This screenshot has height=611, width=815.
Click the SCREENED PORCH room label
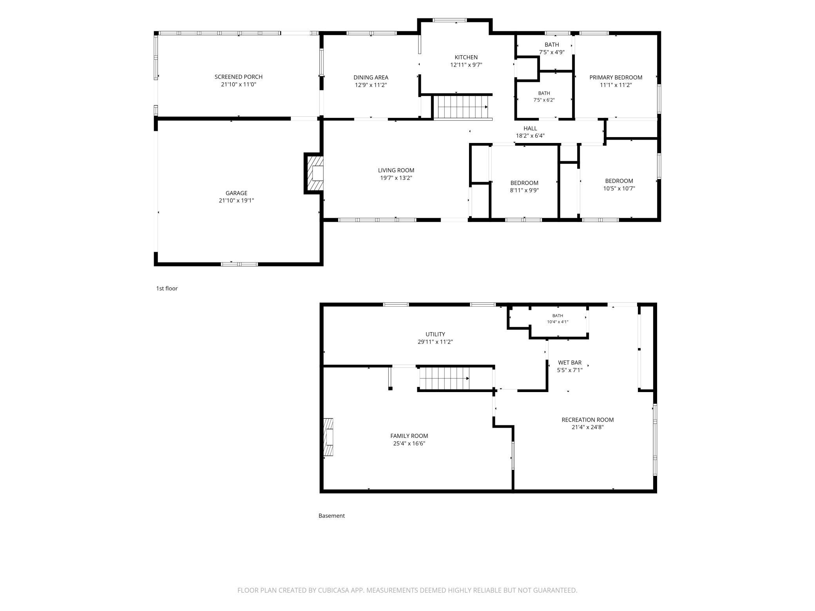pos(238,77)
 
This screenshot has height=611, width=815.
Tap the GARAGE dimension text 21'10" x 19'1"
pos(236,201)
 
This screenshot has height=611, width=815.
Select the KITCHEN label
pos(466,57)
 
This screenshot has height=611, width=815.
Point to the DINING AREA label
pos(371,78)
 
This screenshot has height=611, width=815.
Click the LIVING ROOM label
pos(396,170)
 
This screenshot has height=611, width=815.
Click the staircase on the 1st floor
pos(463,107)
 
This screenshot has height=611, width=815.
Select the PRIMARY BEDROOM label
pos(616,78)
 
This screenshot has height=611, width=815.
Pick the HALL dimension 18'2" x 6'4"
pos(530,136)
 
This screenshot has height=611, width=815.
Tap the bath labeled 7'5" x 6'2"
pos(544,96)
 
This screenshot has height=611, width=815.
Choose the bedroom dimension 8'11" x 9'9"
pos(524,190)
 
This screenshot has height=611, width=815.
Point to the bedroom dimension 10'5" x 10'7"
pos(619,188)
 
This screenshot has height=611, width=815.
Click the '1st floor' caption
pos(167,289)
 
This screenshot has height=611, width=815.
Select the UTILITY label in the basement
pos(435,334)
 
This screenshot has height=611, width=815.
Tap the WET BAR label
pos(570,363)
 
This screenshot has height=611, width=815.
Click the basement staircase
pos(444,378)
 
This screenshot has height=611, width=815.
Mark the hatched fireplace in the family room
pos(328,437)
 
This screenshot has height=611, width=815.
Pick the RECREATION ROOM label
pos(587,420)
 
